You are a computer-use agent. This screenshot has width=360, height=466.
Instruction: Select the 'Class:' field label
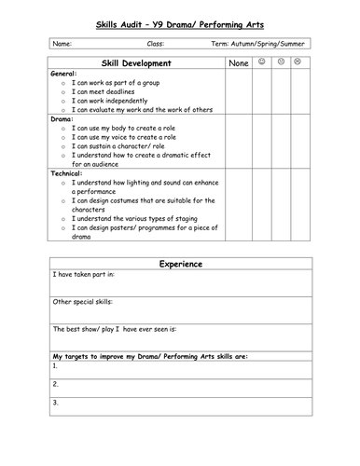(157, 44)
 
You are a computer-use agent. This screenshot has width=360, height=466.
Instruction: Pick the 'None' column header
(238, 63)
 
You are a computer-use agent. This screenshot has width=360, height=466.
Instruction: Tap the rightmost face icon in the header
(298, 62)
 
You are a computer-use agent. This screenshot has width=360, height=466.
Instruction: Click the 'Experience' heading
(180, 264)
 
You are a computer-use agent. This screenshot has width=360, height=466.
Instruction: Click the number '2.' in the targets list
(56, 383)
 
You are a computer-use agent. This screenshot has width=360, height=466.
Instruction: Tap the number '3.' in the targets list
(56, 402)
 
